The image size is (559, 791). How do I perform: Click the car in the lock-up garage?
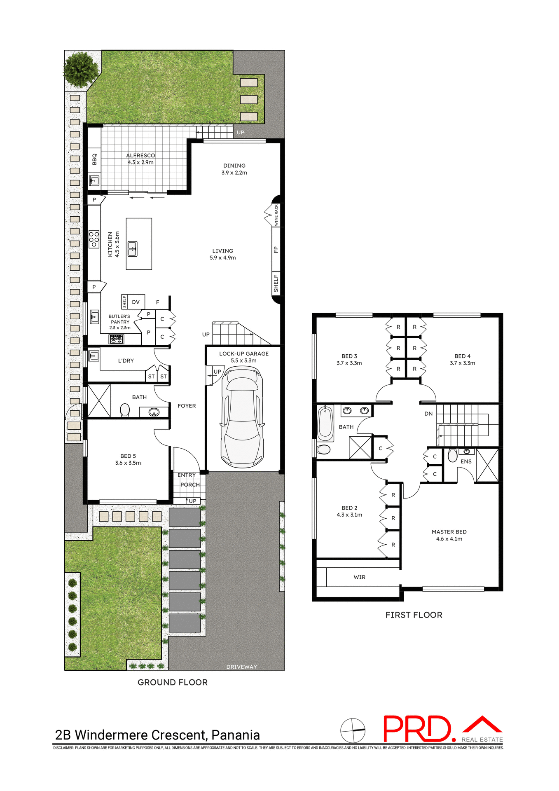click(242, 417)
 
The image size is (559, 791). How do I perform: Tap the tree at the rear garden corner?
click(81, 69)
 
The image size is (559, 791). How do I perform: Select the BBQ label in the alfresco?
click(94, 159)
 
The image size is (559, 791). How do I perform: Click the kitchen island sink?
click(132, 249)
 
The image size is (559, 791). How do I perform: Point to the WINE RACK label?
click(276, 215)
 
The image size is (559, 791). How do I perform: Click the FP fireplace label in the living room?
click(276, 250)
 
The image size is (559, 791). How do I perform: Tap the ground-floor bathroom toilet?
click(124, 410)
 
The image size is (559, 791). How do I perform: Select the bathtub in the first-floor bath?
click(325, 424)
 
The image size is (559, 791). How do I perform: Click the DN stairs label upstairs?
click(428, 414)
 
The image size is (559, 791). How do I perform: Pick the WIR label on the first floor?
click(359, 577)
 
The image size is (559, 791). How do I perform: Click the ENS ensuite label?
click(466, 461)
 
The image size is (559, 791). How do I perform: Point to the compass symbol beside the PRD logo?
click(353, 731)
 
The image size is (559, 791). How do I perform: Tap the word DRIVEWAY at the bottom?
click(241, 667)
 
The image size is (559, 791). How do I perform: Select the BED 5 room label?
click(128, 456)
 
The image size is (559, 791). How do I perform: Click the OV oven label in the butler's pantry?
click(136, 302)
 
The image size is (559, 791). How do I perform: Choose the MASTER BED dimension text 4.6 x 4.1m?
click(449, 539)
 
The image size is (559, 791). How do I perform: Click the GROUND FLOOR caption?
click(173, 682)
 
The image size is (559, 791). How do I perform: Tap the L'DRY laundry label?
click(126, 360)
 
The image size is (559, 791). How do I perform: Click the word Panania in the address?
click(235, 735)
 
